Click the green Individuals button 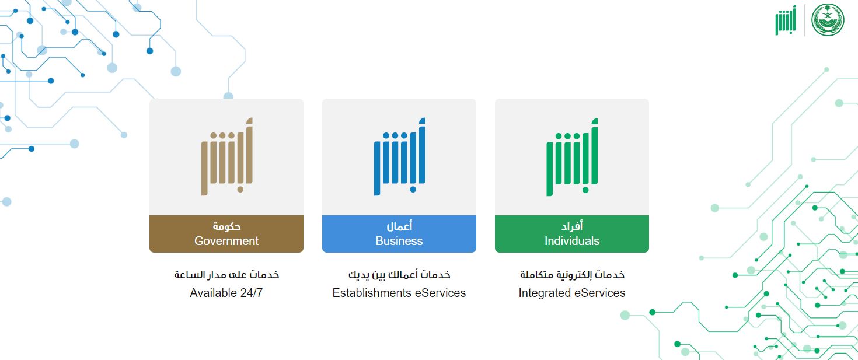click(571, 234)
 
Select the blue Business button click(399, 234)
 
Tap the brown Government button click(226, 234)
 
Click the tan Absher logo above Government click(226, 157)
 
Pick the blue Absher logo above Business click(399, 157)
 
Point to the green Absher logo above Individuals click(572, 157)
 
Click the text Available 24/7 click(226, 293)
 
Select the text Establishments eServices click(399, 293)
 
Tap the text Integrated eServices click(572, 293)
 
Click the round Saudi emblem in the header click(828, 20)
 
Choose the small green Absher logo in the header click(785, 20)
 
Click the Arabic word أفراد click(572, 226)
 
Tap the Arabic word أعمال click(399, 226)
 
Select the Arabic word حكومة click(226, 226)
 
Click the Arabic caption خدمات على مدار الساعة click(226, 275)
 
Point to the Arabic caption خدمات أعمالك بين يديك click(399, 275)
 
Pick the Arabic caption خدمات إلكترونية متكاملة click(572, 275)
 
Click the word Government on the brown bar click(226, 241)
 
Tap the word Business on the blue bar click(399, 241)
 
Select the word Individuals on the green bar click(572, 241)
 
